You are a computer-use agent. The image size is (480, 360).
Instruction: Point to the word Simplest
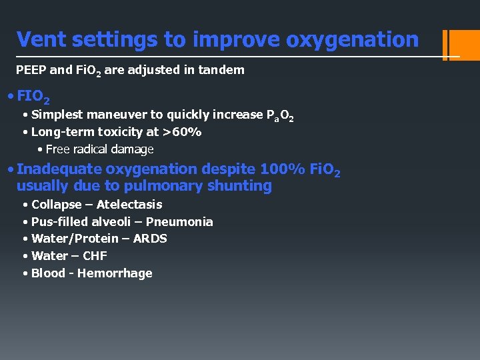[x=57, y=115]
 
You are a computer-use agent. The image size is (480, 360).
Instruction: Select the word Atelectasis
[x=129, y=204]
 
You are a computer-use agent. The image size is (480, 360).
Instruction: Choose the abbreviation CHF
[x=95, y=255]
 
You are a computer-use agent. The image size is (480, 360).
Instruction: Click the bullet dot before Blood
[x=25, y=273]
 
